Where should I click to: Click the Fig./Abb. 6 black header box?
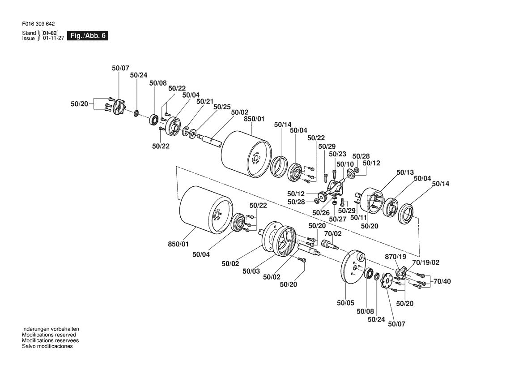pos(87,36)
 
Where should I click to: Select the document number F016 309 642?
pos(38,24)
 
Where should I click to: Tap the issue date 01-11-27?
pos(53,39)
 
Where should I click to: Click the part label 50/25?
pos(222,107)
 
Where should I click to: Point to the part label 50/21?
pos(205,101)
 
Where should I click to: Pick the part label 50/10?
pos(345,164)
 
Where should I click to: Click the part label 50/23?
pos(337,154)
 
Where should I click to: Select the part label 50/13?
pos(405,172)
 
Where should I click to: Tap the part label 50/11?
pos(358,218)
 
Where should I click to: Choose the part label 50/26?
pos(321,213)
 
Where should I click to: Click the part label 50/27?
pos(337,219)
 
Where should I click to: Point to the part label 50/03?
pos(251,271)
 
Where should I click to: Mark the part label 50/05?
pos(345,303)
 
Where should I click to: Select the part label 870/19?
pos(395,257)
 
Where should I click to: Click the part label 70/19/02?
pos(426,262)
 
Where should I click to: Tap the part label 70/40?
pos(442,281)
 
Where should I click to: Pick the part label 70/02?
pos(333,234)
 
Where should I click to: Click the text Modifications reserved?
pos(49,335)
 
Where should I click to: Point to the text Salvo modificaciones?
pos(47,346)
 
